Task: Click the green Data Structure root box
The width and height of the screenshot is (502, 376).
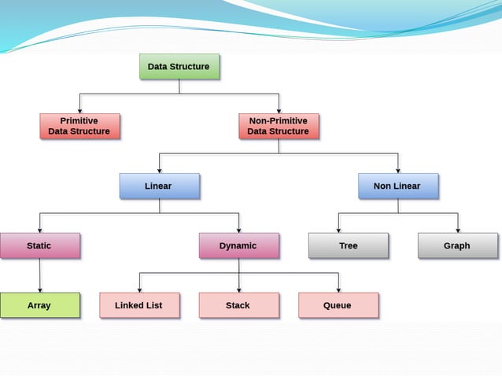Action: (x=179, y=67)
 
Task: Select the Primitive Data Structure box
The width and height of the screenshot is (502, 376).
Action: (x=79, y=126)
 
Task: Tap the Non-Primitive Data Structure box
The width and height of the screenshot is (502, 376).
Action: (x=278, y=126)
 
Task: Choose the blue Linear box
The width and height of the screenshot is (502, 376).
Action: (x=159, y=186)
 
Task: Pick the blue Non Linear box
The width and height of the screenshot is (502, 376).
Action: (x=397, y=186)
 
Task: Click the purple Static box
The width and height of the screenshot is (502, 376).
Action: (x=39, y=245)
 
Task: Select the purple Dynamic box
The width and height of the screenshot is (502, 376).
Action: (x=238, y=245)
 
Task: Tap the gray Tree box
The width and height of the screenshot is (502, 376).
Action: (x=348, y=245)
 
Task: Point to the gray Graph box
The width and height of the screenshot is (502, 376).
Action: (x=457, y=245)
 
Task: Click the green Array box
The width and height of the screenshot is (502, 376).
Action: (x=39, y=305)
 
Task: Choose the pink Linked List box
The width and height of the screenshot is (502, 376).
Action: (x=139, y=305)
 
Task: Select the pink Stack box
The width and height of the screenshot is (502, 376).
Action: (x=238, y=305)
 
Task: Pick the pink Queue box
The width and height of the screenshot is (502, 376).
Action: (x=338, y=305)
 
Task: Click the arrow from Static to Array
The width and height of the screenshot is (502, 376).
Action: (x=39, y=275)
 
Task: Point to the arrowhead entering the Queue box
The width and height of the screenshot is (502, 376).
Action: (x=338, y=289)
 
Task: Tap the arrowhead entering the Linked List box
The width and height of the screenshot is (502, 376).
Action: (x=139, y=289)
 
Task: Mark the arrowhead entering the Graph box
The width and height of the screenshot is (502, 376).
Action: (x=457, y=229)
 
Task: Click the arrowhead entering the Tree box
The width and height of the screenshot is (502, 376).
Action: (x=338, y=229)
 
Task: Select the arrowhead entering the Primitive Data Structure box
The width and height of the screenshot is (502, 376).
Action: (x=79, y=109)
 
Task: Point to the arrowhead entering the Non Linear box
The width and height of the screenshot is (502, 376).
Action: (x=397, y=169)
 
